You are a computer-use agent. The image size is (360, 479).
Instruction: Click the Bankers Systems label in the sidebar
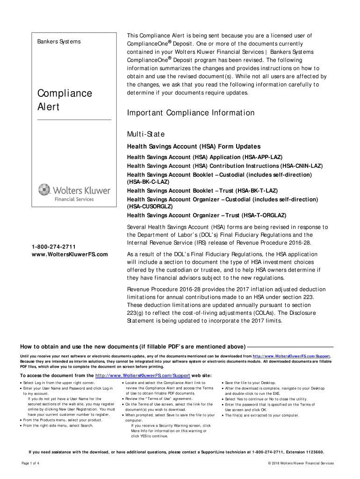click(59, 42)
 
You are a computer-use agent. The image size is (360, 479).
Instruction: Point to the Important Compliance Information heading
click(191, 113)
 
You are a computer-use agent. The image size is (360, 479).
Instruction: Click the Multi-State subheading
click(146, 134)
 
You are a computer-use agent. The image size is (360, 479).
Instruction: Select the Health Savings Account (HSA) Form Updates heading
click(194, 146)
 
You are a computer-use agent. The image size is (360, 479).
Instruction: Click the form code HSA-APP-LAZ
click(263, 157)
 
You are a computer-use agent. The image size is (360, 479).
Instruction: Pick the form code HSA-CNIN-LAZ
click(302, 166)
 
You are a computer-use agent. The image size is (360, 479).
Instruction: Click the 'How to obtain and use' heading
click(132, 347)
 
